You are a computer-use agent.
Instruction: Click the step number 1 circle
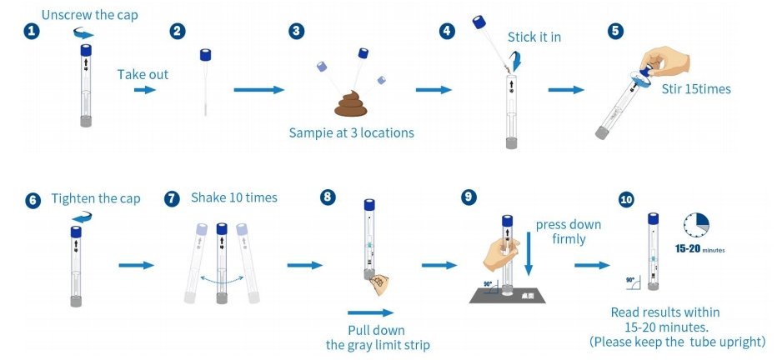pos(31,31)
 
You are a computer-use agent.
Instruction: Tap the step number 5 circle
pos(616,31)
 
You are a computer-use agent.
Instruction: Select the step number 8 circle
pos(328,197)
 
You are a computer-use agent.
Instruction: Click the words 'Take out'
pos(143,74)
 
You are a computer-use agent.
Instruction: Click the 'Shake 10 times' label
pos(234,197)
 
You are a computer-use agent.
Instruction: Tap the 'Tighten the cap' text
pos(96,198)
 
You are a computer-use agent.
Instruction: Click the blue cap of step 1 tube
pos(86,50)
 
